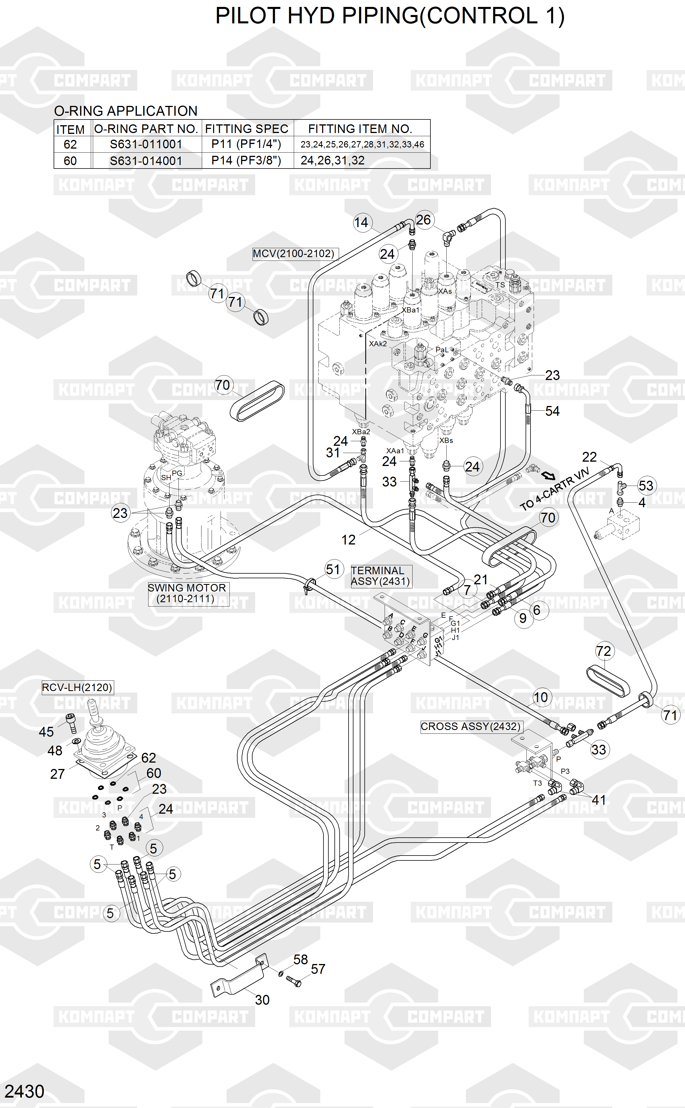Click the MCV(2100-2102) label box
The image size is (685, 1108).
click(x=293, y=254)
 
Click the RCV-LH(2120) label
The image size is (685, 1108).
click(x=77, y=687)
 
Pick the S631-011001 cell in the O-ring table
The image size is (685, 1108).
click(x=146, y=145)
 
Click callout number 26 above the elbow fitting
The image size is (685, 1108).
click(x=423, y=220)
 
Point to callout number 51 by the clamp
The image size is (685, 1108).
click(x=333, y=569)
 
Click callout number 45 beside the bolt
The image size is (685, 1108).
click(x=46, y=732)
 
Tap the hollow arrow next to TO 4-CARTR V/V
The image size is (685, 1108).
click(x=549, y=475)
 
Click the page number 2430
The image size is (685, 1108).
click(x=25, y=1092)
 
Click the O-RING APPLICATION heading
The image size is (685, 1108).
click(x=125, y=111)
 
